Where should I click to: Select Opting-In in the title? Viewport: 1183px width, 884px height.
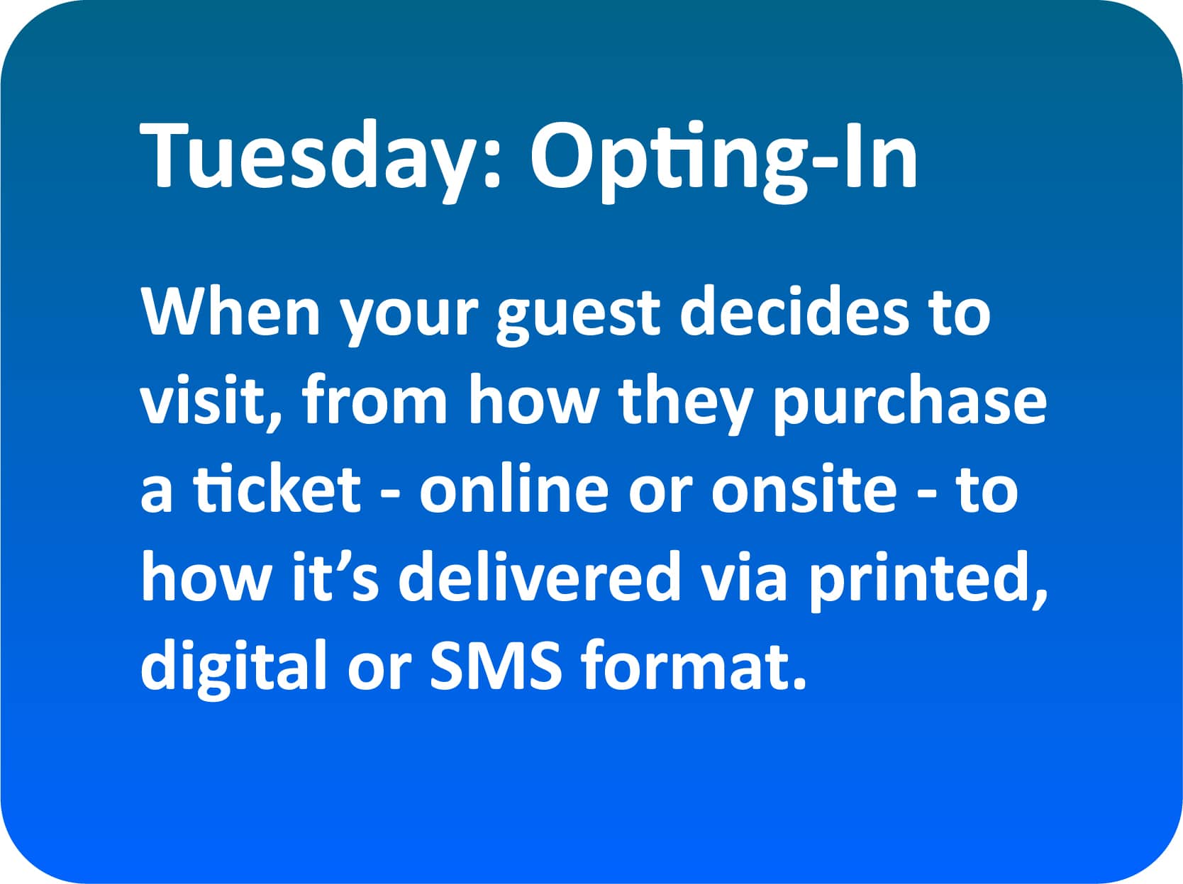(x=724, y=160)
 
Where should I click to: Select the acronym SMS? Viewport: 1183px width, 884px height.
(x=496, y=664)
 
